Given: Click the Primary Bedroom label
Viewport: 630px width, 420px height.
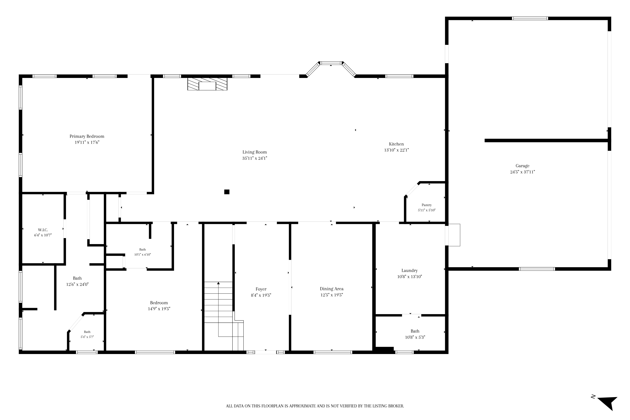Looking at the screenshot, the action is click(x=87, y=136).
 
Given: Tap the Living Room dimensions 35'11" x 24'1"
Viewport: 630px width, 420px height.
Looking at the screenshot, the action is click(x=255, y=158).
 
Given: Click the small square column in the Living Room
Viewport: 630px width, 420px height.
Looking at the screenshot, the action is click(x=227, y=192).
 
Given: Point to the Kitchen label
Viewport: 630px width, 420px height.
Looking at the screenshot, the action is click(x=396, y=144).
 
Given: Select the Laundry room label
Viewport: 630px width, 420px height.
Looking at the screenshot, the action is click(x=409, y=271).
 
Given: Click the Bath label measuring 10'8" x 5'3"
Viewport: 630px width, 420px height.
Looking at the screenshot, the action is click(x=415, y=331).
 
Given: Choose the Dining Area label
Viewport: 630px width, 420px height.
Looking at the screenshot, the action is click(x=332, y=289).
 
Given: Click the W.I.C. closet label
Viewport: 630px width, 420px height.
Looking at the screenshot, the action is click(x=43, y=230).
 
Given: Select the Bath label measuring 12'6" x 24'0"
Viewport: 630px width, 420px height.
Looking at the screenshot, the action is click(x=77, y=278).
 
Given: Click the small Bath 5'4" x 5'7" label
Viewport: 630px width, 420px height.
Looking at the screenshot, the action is click(x=87, y=332).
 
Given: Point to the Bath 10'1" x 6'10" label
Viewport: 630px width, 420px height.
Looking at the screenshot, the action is click(x=143, y=250).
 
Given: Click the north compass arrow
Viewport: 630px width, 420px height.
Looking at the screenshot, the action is click(x=608, y=407).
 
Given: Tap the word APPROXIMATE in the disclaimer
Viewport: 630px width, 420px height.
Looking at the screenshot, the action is click(x=303, y=406).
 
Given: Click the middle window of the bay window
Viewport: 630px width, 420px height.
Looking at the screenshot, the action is click(x=331, y=63).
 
